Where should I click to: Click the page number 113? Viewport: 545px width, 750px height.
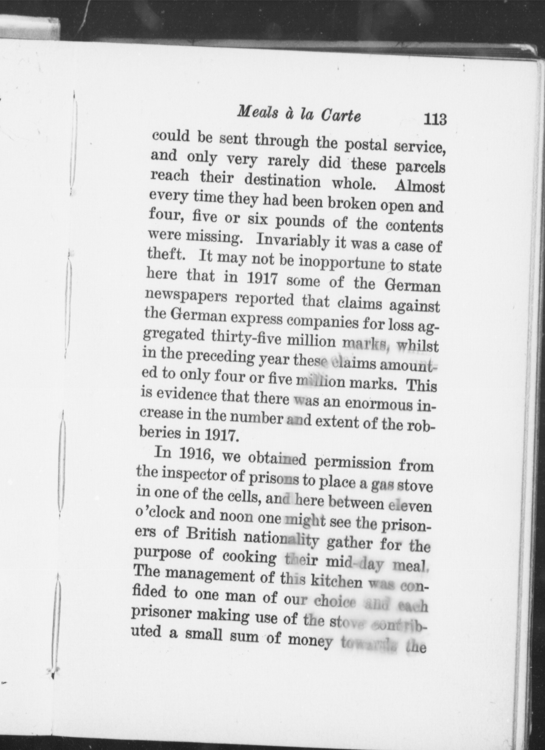pos(435,120)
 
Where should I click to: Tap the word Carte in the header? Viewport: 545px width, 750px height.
pos(341,116)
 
